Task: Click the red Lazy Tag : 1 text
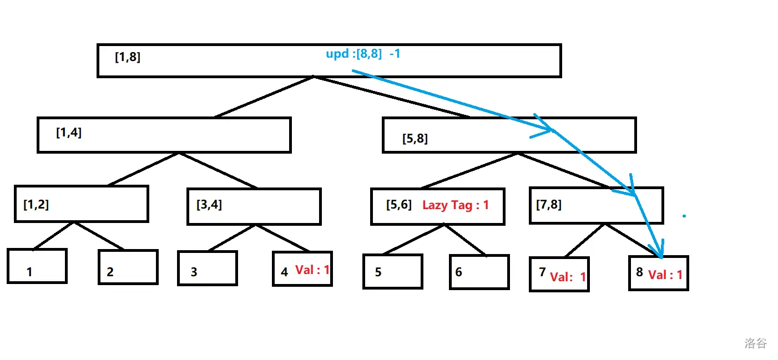(456, 205)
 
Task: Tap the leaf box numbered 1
(37, 266)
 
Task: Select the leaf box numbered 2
(128, 267)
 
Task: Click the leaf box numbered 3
(208, 268)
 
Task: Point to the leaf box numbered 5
(393, 272)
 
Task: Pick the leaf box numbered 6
(479, 272)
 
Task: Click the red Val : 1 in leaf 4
(312, 270)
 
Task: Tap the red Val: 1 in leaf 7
(568, 277)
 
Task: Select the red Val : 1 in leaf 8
(665, 275)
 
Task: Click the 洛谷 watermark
(755, 343)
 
